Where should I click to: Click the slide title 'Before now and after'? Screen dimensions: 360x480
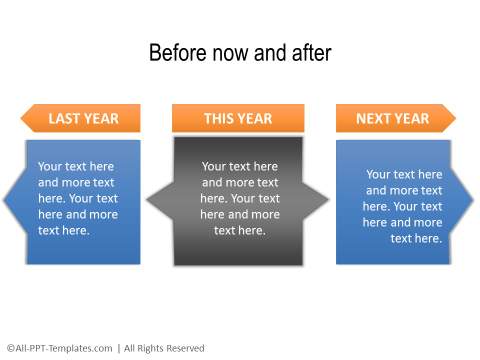point(239,53)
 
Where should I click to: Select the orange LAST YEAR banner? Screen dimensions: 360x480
point(80,119)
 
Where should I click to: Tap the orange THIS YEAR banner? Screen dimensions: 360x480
point(237,119)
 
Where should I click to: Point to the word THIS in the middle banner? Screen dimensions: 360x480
point(220,119)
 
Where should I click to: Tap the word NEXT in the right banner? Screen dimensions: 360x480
point(375,119)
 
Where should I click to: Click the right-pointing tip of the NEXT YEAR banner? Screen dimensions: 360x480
point(453,119)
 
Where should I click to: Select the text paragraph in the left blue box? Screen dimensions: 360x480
point(77,198)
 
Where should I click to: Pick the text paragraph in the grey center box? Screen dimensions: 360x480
point(240,198)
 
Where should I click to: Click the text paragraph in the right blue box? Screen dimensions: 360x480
point(403,205)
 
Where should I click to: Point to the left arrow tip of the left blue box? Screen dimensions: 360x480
point(6,200)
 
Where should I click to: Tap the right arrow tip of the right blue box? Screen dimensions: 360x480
point(472,200)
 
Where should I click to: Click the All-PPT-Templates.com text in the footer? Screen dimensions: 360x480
point(59,348)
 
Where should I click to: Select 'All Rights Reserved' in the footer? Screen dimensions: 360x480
point(164,348)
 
